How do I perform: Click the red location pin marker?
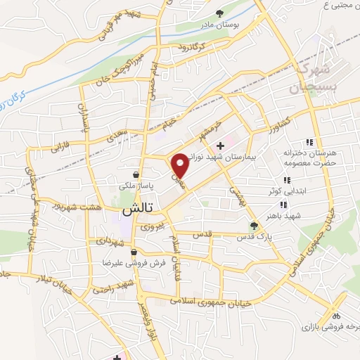181,166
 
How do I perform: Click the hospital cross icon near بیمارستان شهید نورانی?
220,145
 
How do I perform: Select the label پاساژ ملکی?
136,186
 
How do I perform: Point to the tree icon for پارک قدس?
254,225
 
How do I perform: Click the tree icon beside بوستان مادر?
220,13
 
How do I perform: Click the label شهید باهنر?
273,212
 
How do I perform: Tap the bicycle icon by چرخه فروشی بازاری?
337,316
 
